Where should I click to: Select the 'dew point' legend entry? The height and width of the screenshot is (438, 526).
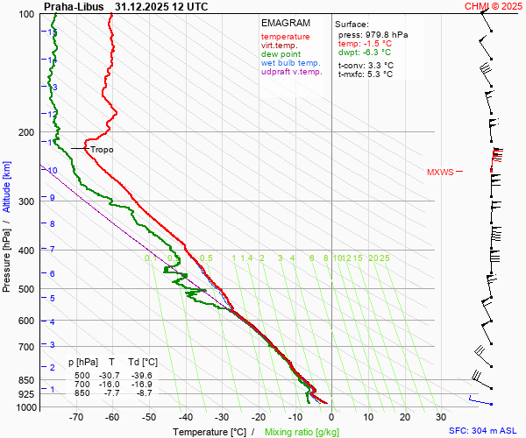click(281, 54)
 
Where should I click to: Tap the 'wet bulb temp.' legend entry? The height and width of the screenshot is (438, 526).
click(291, 63)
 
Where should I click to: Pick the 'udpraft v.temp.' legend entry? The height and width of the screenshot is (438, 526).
click(293, 73)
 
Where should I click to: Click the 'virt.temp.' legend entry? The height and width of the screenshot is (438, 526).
click(279, 46)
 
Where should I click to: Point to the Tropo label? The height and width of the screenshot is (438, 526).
click(102, 150)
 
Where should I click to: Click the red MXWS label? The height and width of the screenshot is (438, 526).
click(440, 172)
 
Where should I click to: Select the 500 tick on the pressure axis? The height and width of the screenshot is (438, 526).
click(28, 289)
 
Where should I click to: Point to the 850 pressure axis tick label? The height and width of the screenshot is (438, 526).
click(28, 380)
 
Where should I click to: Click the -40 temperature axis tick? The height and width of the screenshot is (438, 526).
click(186, 418)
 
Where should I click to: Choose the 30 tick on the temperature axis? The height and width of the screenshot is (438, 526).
click(441, 418)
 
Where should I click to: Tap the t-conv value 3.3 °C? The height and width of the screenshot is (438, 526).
click(378, 65)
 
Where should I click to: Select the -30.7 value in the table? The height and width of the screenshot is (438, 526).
click(111, 374)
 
